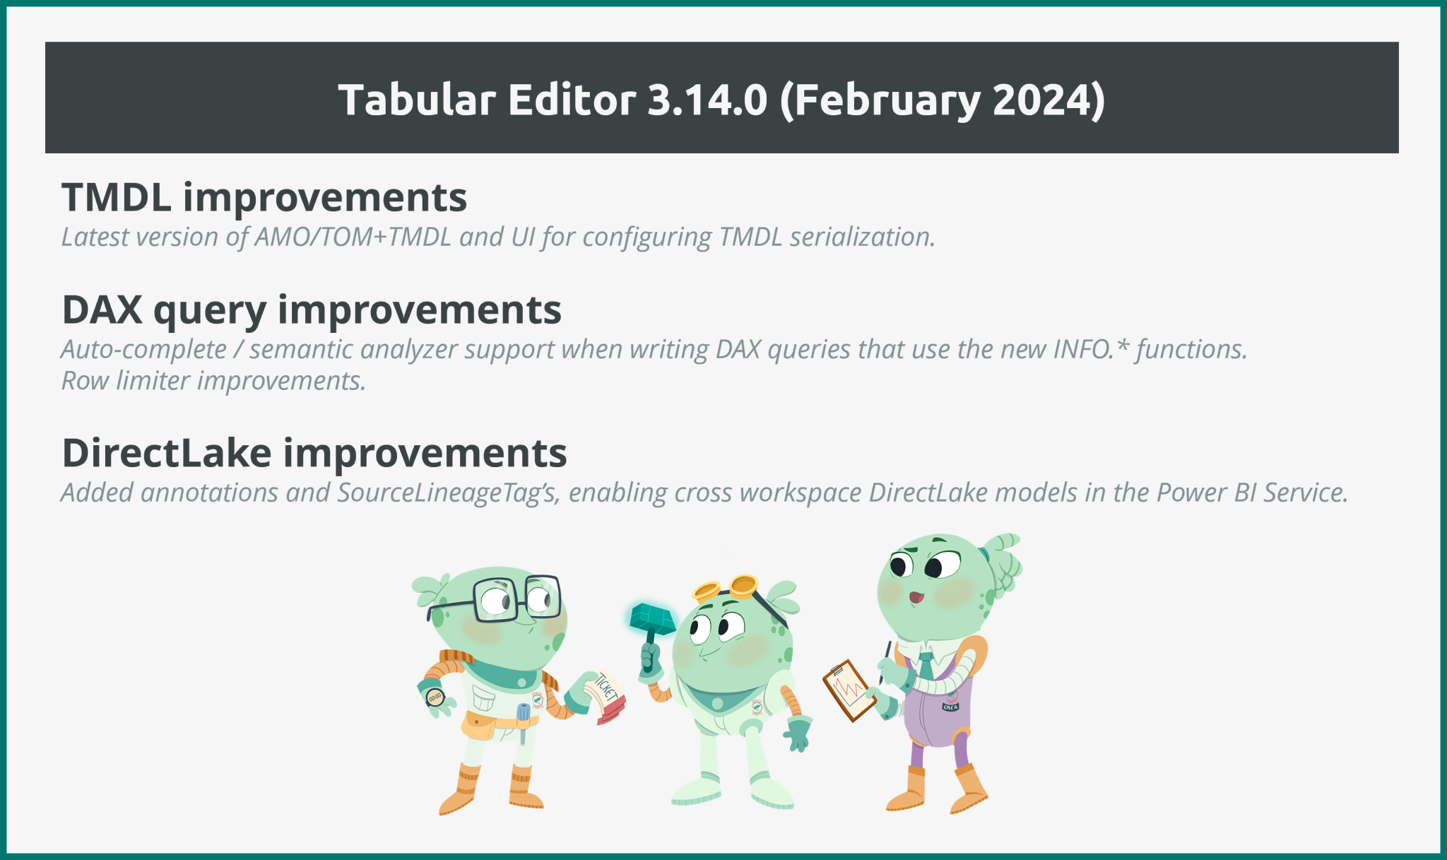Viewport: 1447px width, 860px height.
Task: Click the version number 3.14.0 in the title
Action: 707,100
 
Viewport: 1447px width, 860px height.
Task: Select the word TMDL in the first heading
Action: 116,197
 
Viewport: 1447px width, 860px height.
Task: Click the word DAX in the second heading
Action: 102,310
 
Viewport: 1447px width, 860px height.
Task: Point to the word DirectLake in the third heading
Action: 167,453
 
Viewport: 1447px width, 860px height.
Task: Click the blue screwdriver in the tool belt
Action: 523,721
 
